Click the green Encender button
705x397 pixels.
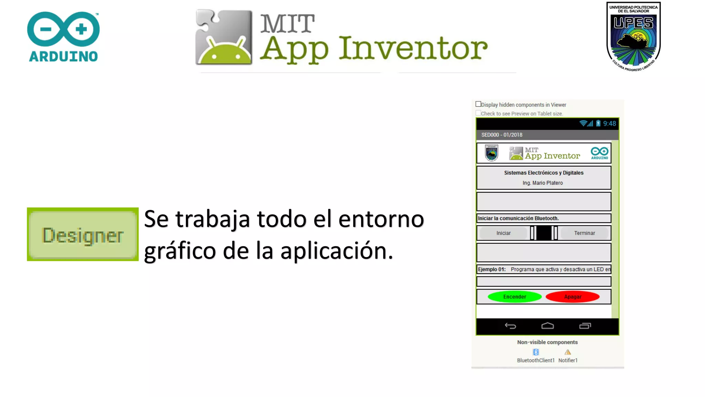point(514,297)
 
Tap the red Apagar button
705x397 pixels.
point(572,297)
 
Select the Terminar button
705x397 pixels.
point(584,233)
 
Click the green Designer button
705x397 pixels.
point(83,234)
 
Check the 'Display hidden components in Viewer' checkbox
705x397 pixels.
point(478,104)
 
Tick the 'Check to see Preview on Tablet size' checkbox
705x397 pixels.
point(478,113)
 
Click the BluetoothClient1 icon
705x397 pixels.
point(536,352)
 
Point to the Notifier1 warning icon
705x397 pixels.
point(568,352)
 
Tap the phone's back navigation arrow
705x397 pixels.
point(510,326)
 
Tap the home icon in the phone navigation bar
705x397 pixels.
point(547,326)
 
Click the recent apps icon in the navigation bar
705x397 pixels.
point(585,326)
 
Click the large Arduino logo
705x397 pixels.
point(63,37)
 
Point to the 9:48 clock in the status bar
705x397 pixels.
point(609,124)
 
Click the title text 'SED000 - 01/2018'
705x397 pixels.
point(502,135)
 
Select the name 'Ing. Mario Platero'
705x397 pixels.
point(543,183)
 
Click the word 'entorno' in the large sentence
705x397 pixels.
point(381,219)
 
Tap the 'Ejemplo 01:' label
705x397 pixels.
point(492,269)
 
